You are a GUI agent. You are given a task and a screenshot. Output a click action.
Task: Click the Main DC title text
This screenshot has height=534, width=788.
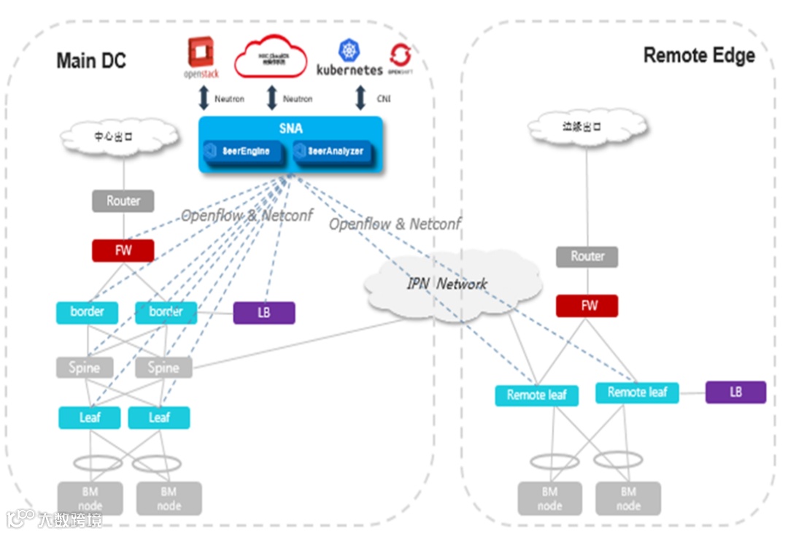click(90, 61)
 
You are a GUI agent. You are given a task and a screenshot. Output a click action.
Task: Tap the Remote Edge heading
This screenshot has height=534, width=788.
click(698, 55)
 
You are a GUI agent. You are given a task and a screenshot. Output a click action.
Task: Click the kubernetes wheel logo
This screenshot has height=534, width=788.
click(349, 51)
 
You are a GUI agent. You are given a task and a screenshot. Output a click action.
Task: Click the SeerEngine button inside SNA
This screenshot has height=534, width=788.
click(244, 152)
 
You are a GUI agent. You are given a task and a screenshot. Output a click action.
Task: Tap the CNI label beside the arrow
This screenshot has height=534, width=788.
click(384, 98)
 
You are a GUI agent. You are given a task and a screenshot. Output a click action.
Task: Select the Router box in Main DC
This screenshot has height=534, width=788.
click(123, 201)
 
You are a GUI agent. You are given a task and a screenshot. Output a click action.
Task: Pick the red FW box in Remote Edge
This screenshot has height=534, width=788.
click(587, 306)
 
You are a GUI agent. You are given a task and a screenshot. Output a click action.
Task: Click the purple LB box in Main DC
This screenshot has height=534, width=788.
click(264, 313)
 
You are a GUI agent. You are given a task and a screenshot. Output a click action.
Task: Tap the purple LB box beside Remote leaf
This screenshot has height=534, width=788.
click(735, 392)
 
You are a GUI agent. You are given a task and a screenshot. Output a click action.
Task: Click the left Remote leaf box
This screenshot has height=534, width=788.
click(536, 395)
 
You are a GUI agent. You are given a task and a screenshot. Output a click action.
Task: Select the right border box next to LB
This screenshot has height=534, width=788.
click(166, 312)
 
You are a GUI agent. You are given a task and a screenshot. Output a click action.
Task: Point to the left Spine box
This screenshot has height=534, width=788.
click(85, 367)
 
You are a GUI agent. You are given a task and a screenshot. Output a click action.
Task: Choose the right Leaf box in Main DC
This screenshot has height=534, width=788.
click(159, 418)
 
